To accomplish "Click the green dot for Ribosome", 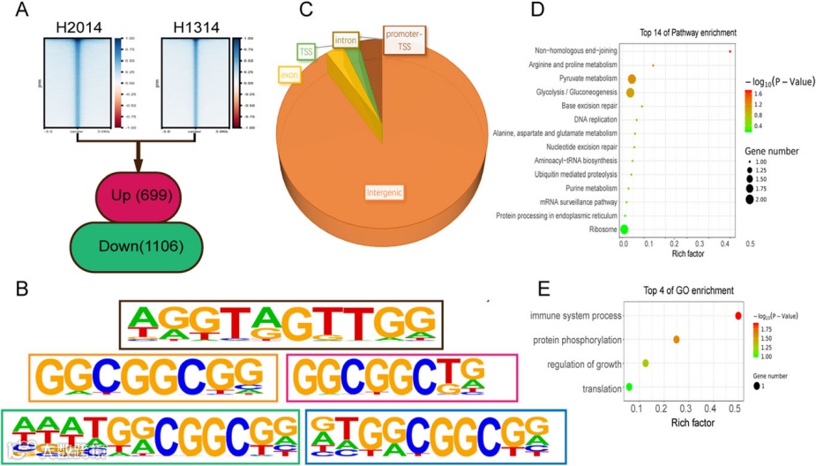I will pyautogui.click(x=625, y=229).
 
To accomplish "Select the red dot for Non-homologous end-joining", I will pyautogui.click(x=731, y=51).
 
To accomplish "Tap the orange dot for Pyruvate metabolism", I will pyautogui.click(x=632, y=79).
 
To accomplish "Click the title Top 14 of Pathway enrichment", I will pyautogui.click(x=688, y=33).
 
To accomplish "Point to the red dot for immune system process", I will pyautogui.click(x=738, y=315).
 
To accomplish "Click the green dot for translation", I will pyautogui.click(x=629, y=387).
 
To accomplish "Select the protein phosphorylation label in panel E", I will pyautogui.click(x=576, y=340).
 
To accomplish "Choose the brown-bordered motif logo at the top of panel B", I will pyautogui.click(x=281, y=325).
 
